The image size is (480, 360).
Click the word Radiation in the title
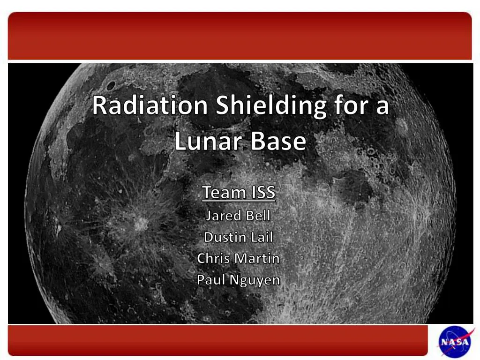click(150, 105)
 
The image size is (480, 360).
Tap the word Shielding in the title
click(270, 105)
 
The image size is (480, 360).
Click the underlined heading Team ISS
click(239, 193)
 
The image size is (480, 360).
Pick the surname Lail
click(262, 237)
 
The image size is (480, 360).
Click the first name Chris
click(214, 258)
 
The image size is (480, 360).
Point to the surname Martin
click(257, 258)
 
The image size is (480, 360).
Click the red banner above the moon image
click(240, 36)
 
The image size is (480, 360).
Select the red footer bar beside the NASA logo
click(217, 340)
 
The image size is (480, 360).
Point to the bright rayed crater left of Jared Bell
click(139, 224)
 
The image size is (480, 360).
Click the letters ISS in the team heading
click(262, 193)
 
